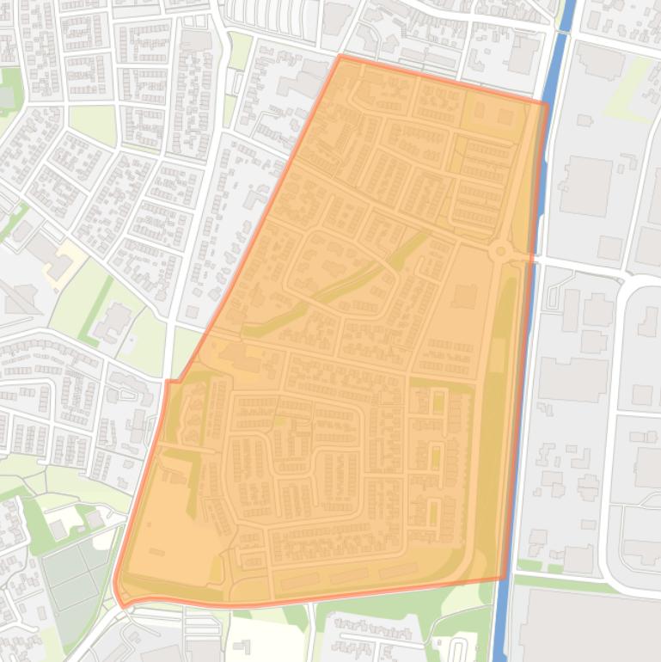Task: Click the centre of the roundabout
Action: (500, 252)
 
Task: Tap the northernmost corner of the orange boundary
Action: (340, 57)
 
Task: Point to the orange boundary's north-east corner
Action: (547, 104)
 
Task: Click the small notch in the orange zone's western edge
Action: (171, 381)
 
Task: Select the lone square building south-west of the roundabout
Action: (464, 297)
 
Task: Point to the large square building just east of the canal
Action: (584, 185)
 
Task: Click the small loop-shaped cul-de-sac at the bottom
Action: (459, 647)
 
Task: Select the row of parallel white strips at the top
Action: (258, 12)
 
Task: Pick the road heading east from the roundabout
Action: (576, 261)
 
